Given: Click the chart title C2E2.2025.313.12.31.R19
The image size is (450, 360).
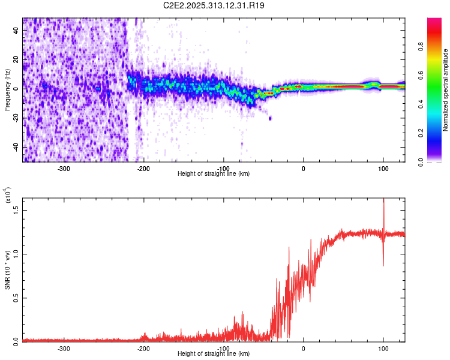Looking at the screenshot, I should pyautogui.click(x=214, y=5).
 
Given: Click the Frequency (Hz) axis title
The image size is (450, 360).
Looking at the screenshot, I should pyautogui.click(x=7, y=90).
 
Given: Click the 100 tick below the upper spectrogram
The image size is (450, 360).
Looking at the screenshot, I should pyautogui.click(x=383, y=168).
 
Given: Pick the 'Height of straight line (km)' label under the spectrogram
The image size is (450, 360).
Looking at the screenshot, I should pyautogui.click(x=214, y=174).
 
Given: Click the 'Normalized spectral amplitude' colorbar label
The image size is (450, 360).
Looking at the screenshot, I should pyautogui.click(x=446, y=90).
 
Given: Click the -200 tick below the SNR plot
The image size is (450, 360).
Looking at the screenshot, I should pyautogui.click(x=144, y=348).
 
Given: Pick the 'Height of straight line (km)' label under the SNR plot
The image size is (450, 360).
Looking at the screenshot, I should pyautogui.click(x=214, y=354).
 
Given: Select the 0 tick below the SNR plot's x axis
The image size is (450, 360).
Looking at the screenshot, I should pyautogui.click(x=303, y=348).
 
